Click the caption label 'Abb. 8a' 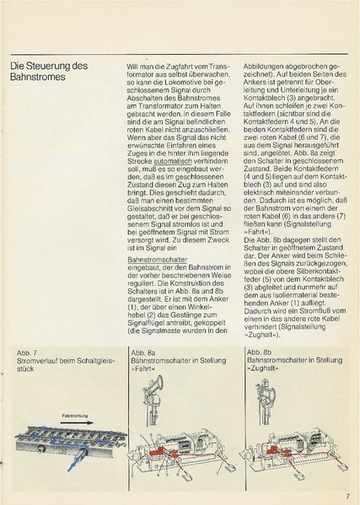pyautogui.click(x=141, y=351)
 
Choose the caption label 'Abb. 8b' pyautogui.click(x=260, y=351)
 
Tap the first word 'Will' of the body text pyautogui.click(x=132, y=65)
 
